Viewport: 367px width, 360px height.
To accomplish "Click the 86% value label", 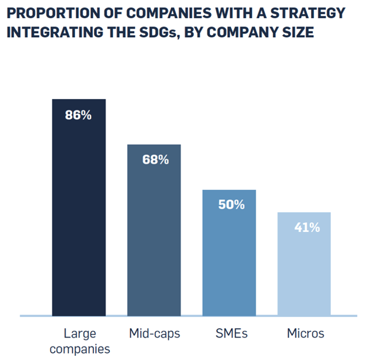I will tap(78, 115).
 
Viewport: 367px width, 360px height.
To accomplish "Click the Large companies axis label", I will tap(79, 341).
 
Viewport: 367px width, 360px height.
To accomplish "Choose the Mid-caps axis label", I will tap(155, 333).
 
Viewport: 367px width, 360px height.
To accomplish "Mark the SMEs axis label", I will tap(230, 333).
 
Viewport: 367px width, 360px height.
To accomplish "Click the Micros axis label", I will tap(305, 333).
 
